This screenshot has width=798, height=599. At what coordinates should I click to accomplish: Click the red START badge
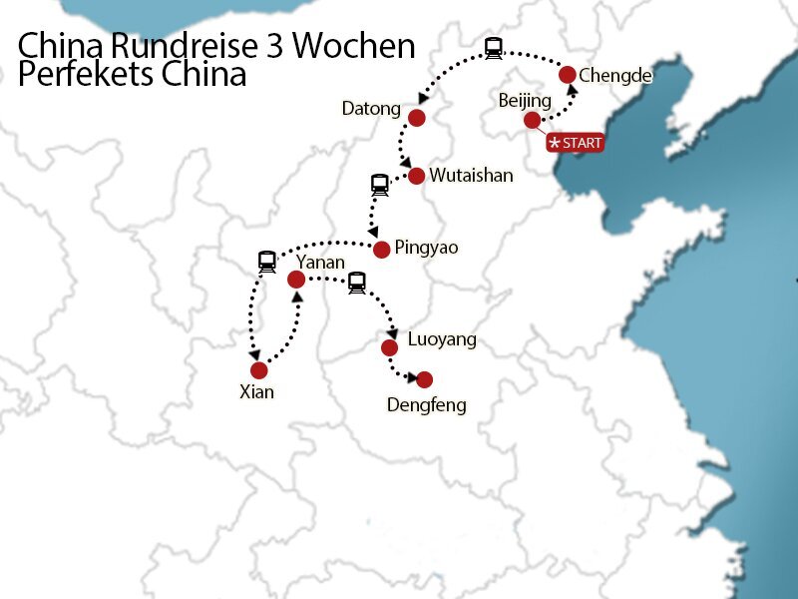576,143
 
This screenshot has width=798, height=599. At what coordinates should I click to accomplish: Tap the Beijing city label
524,101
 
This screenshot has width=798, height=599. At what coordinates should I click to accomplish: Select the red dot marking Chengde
568,74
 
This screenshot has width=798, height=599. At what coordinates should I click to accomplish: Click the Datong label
370,108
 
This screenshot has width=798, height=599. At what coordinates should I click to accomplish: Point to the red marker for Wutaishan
416,176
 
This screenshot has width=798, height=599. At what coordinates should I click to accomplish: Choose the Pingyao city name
426,247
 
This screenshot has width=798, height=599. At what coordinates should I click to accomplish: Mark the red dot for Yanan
295,280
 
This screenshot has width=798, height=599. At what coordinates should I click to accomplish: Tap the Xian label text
256,392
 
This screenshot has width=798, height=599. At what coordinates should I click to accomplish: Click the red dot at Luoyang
389,347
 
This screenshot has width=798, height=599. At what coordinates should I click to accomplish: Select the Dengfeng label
426,404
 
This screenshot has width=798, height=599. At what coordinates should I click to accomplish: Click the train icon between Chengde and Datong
493,47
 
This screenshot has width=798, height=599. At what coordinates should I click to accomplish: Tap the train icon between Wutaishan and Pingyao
379,185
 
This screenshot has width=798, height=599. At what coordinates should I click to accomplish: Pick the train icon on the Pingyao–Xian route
266,263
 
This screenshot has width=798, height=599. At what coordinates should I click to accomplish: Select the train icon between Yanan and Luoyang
356,284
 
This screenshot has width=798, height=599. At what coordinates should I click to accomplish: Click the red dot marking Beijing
533,121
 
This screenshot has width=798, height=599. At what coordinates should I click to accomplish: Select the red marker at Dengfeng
424,379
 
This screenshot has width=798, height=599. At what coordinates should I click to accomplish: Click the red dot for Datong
417,118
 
